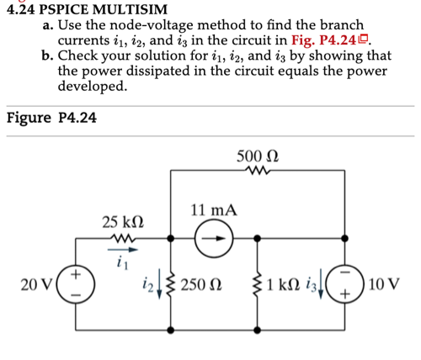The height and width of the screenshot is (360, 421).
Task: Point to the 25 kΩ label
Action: [x=121, y=222]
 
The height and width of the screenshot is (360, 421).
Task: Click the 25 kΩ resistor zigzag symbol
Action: [x=121, y=239]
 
